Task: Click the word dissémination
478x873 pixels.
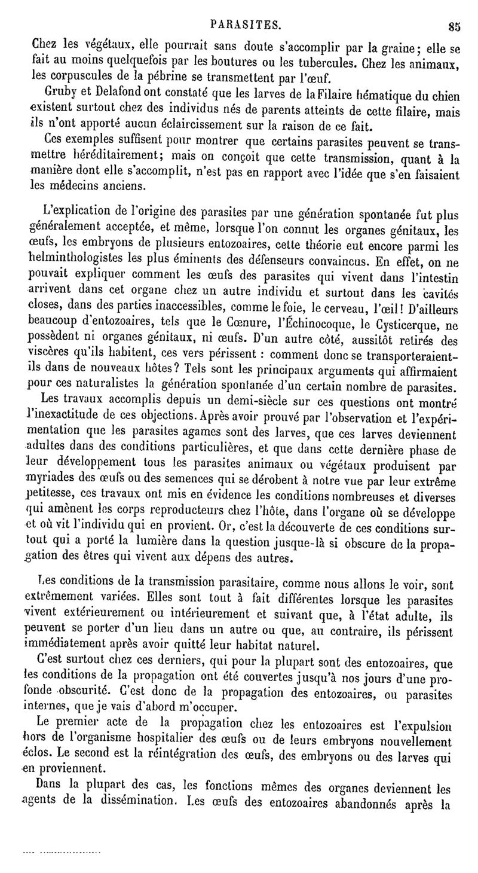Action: [140, 805]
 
